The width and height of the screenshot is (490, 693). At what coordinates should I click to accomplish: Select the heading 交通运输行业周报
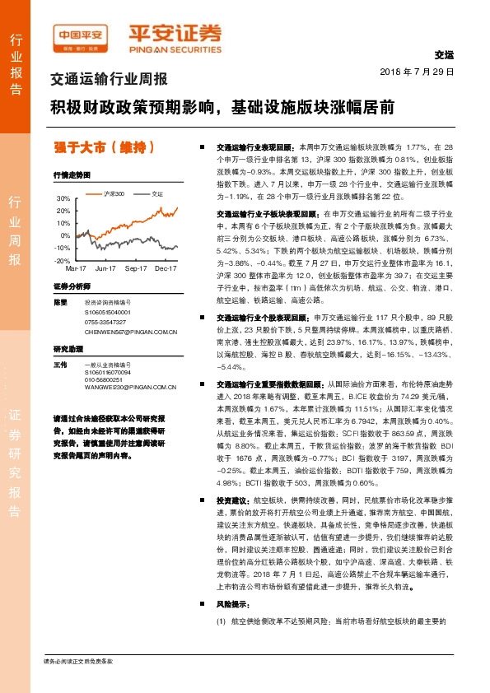tap(109, 80)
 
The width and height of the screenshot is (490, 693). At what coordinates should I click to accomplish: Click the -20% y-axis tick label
tap(63, 260)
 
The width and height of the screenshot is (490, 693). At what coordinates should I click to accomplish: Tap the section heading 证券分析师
tap(71, 286)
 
